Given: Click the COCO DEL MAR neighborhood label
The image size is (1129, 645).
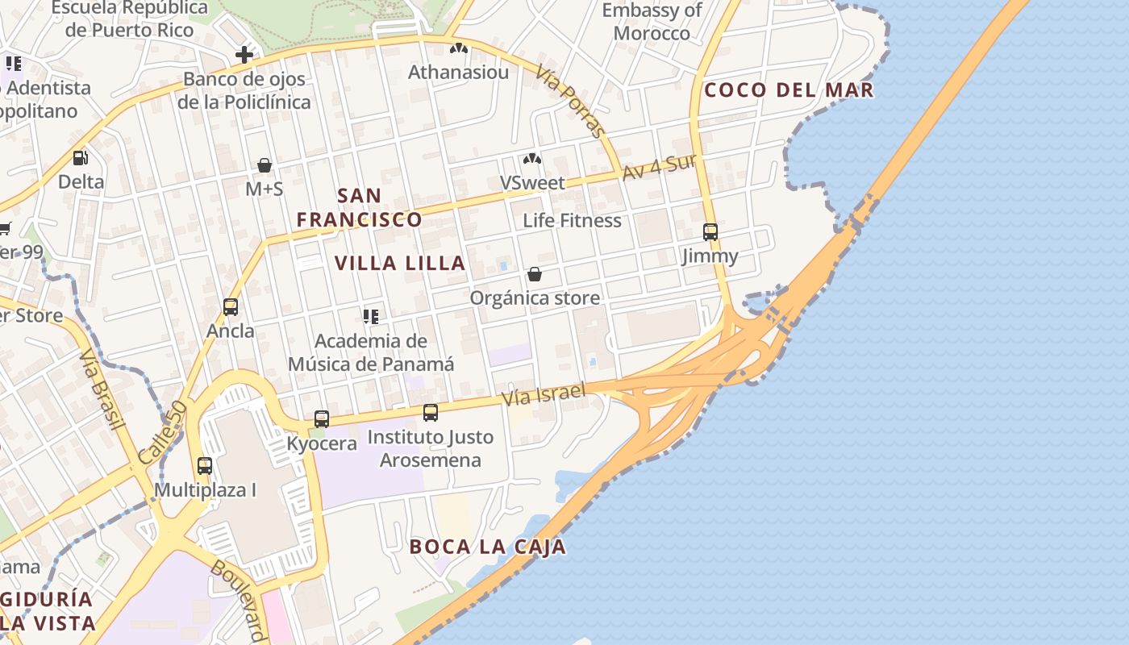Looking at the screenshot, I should [x=789, y=89].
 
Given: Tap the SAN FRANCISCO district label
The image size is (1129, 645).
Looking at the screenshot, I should [x=360, y=207].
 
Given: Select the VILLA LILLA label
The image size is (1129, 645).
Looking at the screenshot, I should [x=400, y=263].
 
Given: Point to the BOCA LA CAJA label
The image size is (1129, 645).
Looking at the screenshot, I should [x=487, y=547].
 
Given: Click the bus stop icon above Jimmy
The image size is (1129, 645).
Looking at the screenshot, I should [x=710, y=232].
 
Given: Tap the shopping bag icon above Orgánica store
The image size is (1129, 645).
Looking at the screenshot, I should [x=534, y=274].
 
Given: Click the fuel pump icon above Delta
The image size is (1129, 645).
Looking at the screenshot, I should [x=80, y=158].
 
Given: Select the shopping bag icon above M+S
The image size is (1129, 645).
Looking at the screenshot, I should [x=264, y=165].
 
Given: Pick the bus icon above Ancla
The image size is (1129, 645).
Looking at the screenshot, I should [x=231, y=307].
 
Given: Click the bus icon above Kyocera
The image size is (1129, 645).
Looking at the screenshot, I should [x=322, y=419].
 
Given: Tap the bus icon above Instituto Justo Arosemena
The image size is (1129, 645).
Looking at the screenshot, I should [x=431, y=413].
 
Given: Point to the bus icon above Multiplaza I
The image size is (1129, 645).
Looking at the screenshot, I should [x=205, y=466].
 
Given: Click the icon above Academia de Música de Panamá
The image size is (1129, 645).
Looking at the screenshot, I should [x=371, y=316].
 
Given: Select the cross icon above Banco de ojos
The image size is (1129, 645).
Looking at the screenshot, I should [x=244, y=55].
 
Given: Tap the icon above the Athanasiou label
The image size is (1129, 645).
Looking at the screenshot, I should [x=459, y=48].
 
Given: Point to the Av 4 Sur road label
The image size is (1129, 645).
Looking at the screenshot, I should [x=659, y=167].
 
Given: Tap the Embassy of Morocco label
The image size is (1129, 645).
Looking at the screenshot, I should [x=652, y=22].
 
